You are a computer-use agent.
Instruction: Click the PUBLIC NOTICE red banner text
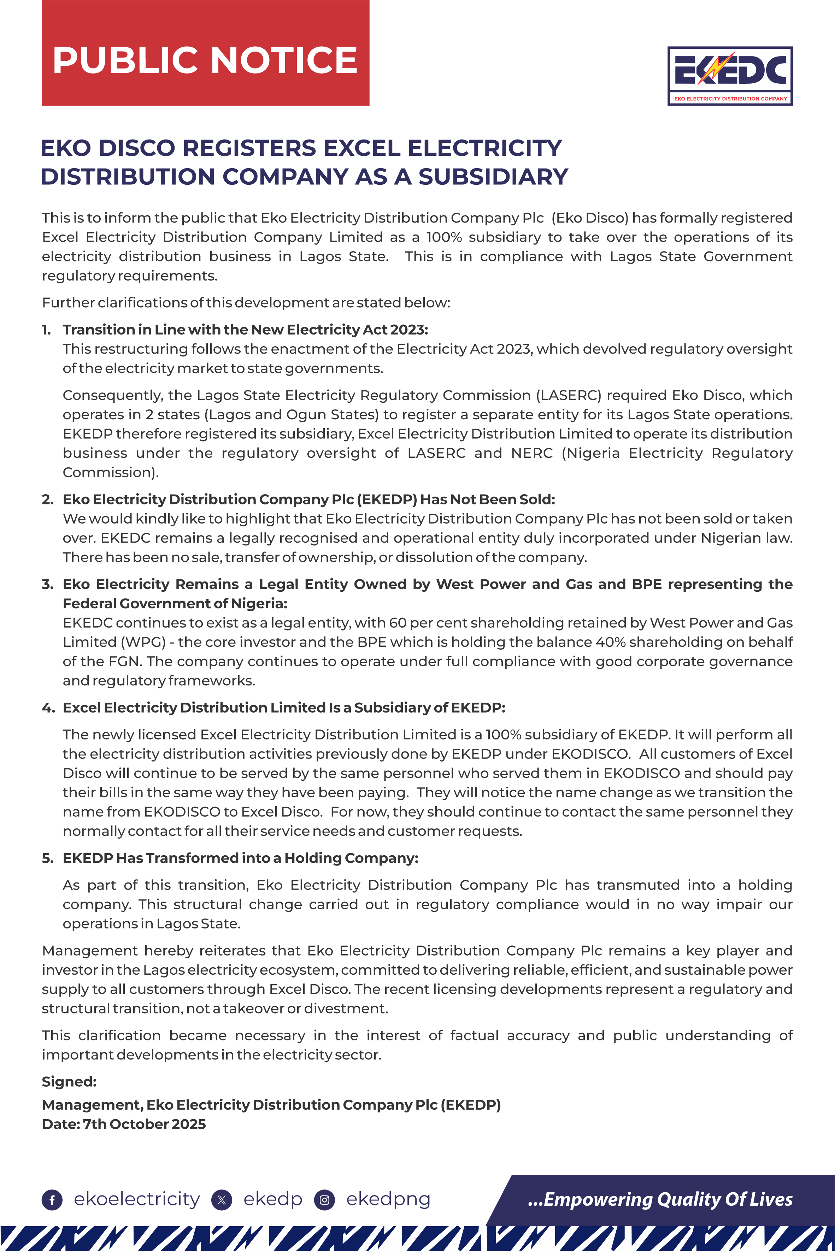click(x=205, y=60)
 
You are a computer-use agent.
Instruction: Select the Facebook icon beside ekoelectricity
click(x=52, y=1200)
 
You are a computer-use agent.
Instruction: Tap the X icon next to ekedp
click(x=222, y=1200)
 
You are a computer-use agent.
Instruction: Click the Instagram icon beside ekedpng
click(x=324, y=1200)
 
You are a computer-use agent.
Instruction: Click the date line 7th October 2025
click(x=124, y=1124)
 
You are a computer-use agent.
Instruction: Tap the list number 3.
click(x=47, y=584)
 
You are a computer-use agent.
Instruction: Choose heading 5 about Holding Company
click(x=240, y=858)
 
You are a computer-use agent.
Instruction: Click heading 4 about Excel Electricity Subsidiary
click(x=284, y=708)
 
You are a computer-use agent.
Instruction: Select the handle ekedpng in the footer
click(x=388, y=1199)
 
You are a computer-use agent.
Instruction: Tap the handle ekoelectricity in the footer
click(x=136, y=1199)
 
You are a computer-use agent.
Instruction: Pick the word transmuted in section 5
click(x=638, y=885)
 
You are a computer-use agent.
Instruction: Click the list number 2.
click(x=47, y=499)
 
